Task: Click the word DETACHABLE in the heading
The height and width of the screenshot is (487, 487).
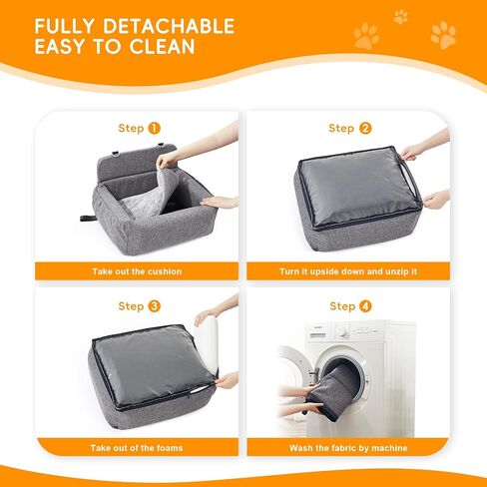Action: click(169, 26)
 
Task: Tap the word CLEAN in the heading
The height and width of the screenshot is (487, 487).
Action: click(162, 46)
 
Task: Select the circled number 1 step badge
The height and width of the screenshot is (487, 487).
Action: click(154, 128)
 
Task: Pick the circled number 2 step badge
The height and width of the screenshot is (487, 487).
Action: click(365, 128)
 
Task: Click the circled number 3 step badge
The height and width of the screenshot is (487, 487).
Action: click(154, 306)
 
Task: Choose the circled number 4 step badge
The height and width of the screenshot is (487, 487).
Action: click(365, 306)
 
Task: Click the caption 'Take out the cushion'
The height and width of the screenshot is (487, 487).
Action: click(137, 271)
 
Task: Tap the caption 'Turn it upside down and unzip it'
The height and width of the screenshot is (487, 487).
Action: click(348, 271)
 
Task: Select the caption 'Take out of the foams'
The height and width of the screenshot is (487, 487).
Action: click(137, 448)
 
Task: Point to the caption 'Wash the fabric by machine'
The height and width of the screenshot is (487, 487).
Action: click(348, 448)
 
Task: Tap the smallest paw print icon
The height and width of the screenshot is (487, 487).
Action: click(401, 17)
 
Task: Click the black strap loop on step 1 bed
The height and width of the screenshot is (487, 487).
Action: click(88, 218)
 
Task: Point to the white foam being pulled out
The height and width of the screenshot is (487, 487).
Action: click(207, 342)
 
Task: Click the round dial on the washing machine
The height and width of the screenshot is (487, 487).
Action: click(342, 332)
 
